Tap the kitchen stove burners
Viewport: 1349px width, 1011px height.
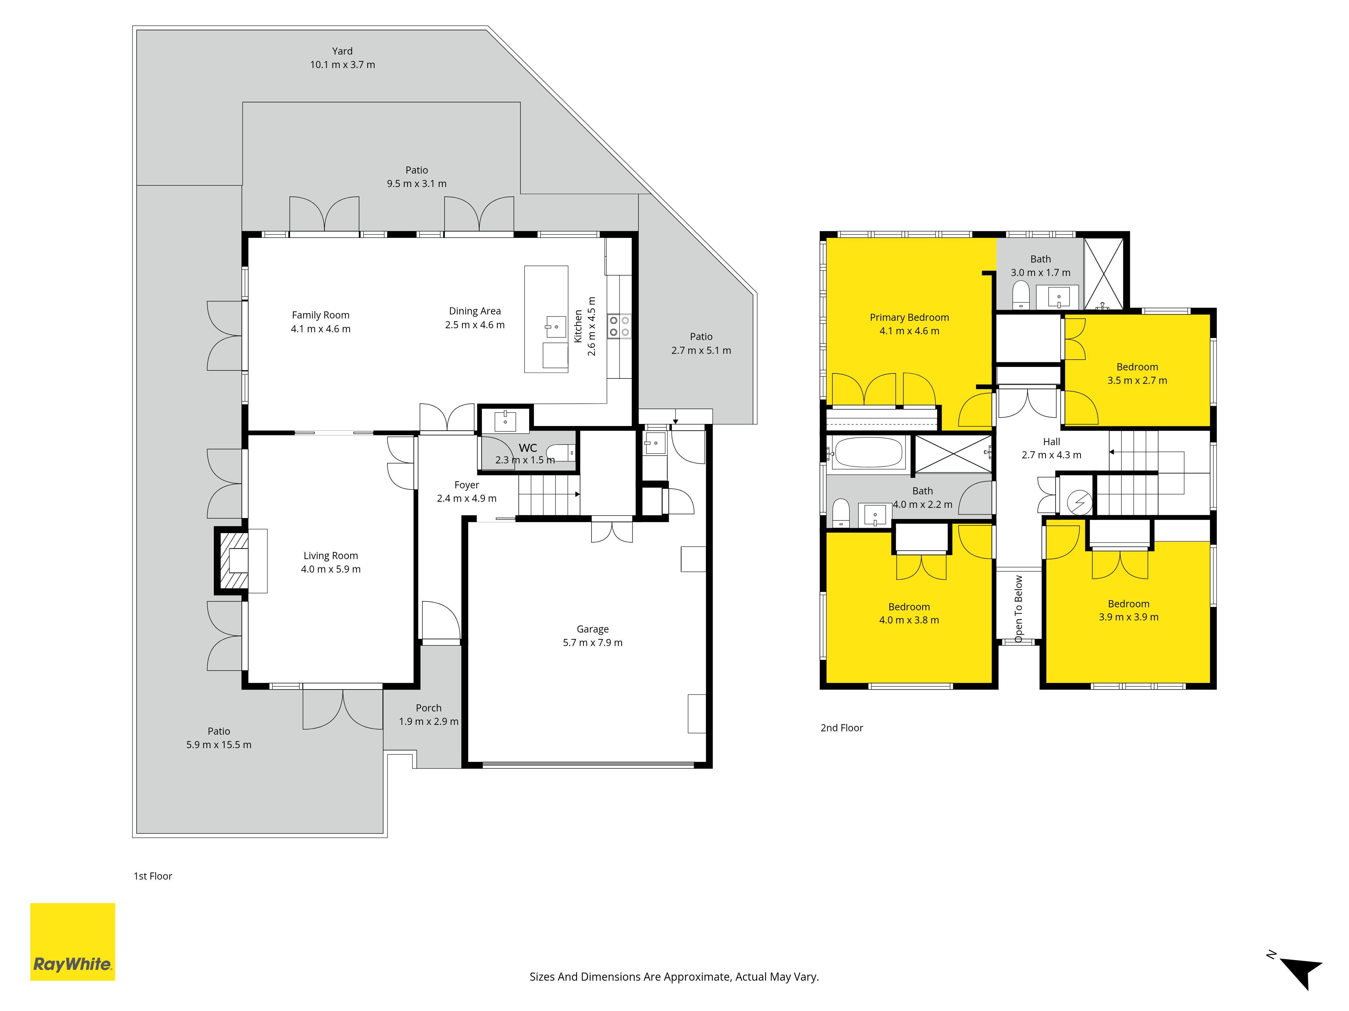click(x=619, y=326)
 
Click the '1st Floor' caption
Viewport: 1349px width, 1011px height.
click(x=153, y=876)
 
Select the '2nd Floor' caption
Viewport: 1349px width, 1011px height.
click(x=841, y=728)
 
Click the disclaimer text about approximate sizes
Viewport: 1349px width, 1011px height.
click(x=674, y=977)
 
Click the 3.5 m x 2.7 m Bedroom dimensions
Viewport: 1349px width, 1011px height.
click(x=1138, y=380)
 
